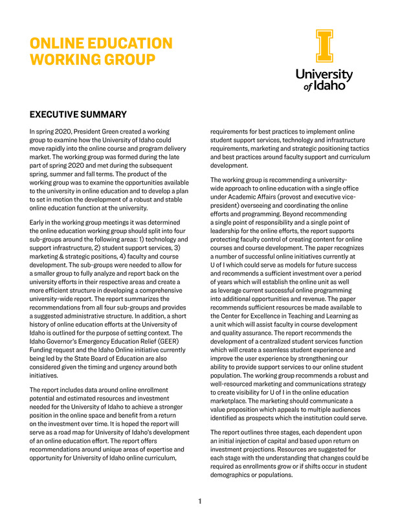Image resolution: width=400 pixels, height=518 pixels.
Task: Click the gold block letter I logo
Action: tap(324, 46)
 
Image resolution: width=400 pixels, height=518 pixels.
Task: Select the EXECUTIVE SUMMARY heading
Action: tap(78, 115)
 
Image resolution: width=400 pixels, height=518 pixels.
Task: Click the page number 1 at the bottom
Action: tap(200, 501)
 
